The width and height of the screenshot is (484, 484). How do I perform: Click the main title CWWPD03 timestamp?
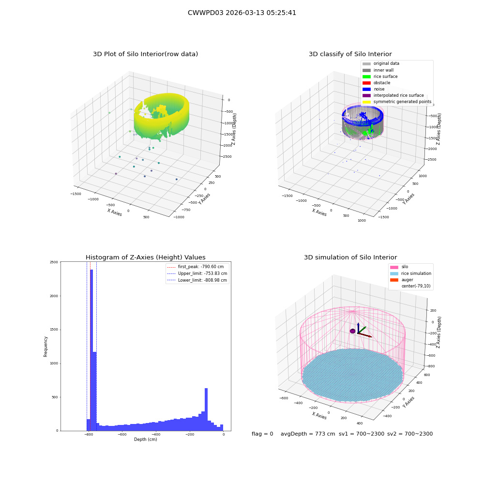coord(242,13)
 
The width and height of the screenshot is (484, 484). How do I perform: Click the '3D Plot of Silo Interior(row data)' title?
coord(145,54)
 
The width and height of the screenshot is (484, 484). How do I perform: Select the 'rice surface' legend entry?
coord(380,76)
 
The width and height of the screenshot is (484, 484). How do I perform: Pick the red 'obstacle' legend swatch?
coord(366,83)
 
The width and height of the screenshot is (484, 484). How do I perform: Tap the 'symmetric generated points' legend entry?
coord(397,102)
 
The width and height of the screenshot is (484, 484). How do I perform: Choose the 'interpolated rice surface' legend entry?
coord(393,95)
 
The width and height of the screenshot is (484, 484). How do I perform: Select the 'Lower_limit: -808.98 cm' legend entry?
coord(197,280)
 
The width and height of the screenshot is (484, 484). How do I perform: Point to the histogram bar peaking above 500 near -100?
coord(206,409)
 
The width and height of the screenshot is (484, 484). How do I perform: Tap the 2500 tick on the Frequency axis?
coord(54,262)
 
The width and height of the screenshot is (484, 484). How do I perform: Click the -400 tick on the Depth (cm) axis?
coord(156,434)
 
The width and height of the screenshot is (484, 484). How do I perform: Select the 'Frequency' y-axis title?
coord(45,347)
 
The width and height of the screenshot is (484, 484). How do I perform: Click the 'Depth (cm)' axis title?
coord(145,439)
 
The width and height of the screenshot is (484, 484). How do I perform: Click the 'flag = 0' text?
coord(262,434)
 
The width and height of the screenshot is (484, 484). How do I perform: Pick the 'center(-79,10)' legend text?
coord(416,286)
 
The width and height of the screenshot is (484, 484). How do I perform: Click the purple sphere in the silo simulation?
coord(353,331)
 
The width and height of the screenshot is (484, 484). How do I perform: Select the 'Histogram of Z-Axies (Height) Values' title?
coord(145,257)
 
